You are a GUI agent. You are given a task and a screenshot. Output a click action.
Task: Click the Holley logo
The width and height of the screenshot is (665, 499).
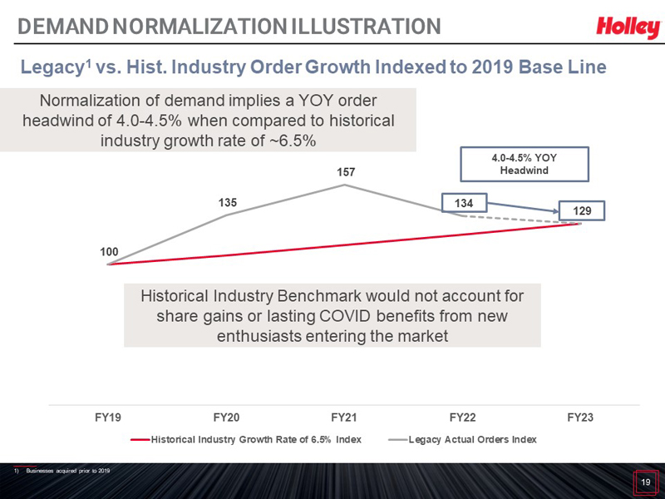[628, 27]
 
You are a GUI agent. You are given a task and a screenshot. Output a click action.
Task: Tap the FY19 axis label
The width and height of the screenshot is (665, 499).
[109, 417]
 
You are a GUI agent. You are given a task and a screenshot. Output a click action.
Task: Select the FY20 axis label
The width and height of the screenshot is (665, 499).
[226, 417]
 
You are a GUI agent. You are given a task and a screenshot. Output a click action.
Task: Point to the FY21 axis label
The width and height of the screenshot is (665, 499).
[344, 417]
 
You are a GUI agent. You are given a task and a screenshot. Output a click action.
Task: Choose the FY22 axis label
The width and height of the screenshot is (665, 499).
[462, 417]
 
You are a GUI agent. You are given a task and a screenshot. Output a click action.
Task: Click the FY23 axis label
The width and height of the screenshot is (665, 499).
[580, 417]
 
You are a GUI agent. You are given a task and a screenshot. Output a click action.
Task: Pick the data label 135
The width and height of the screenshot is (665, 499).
[228, 202]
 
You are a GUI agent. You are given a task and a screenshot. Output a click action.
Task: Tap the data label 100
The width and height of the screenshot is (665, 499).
[110, 250]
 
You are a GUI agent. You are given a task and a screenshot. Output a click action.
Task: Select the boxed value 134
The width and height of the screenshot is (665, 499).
[464, 202]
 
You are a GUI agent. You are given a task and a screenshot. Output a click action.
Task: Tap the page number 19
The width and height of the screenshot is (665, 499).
[644, 482]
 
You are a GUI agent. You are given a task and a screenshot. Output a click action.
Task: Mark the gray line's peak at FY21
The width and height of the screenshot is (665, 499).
[345, 185]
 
